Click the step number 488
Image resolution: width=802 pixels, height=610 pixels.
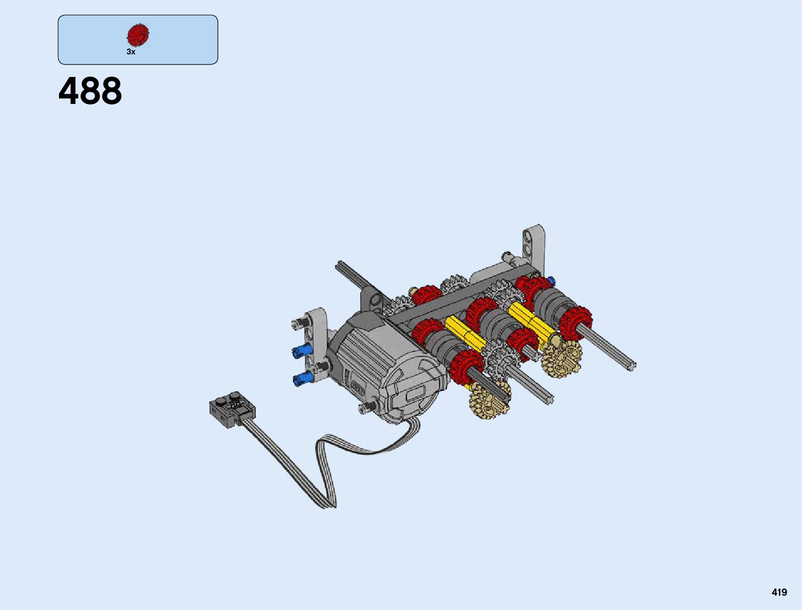(90, 91)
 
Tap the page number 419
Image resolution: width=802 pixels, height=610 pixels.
(779, 592)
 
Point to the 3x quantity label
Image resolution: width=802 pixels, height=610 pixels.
(131, 52)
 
